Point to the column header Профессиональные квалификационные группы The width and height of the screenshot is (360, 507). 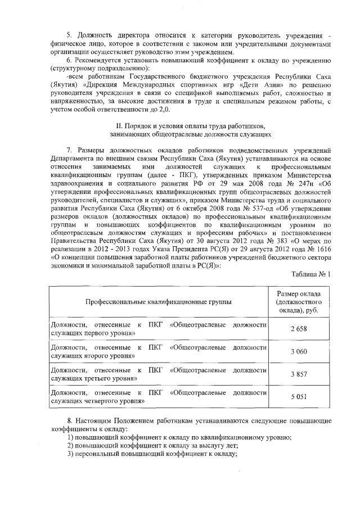tap(158, 302)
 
